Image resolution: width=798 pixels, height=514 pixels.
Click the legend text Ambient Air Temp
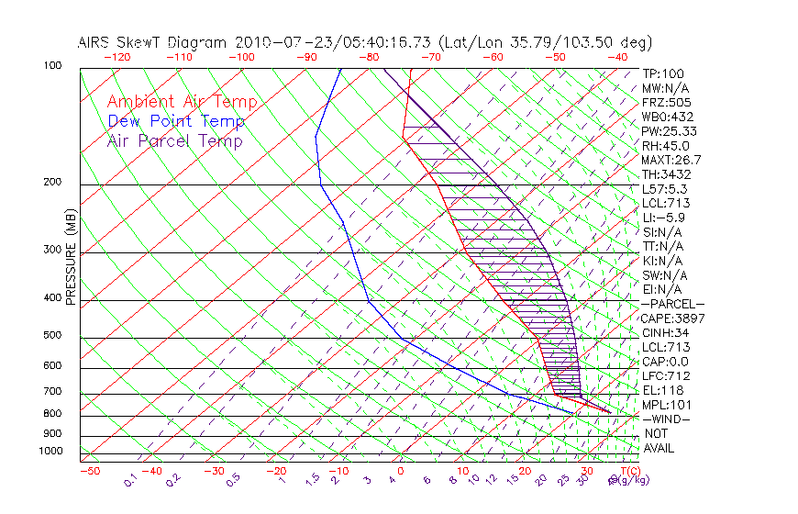click(x=182, y=102)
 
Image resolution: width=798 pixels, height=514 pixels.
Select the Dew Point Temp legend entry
click(x=175, y=121)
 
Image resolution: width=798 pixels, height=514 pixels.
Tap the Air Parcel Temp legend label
click(x=174, y=140)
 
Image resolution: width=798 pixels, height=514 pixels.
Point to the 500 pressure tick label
click(x=52, y=336)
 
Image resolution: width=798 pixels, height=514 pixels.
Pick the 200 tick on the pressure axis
click(x=52, y=183)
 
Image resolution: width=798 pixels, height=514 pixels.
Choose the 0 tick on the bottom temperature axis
click(x=401, y=471)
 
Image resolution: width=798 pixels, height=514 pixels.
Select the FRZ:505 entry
click(x=666, y=103)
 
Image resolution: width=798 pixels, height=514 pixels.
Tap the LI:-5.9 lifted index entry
click(x=663, y=218)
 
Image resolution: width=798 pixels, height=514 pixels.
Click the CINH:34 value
click(x=666, y=332)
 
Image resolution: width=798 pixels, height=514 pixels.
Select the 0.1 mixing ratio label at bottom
click(x=131, y=478)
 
